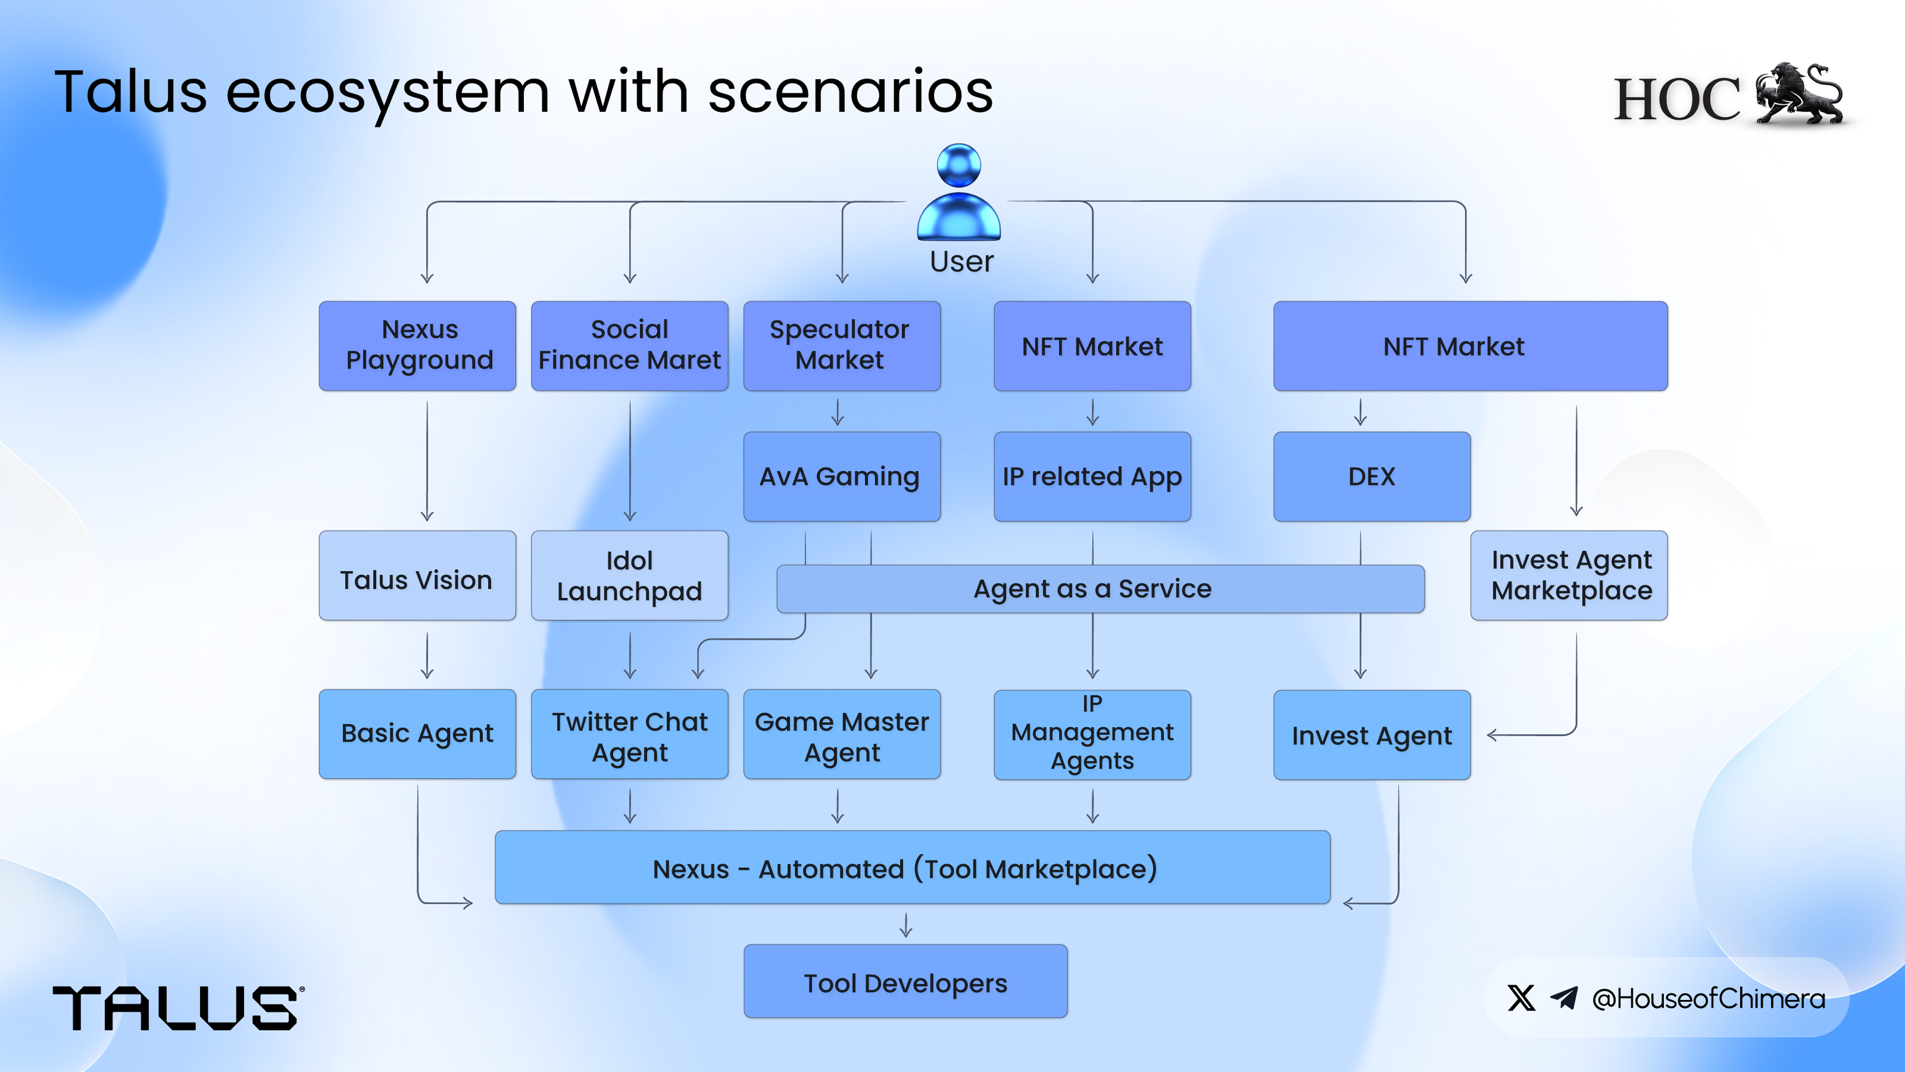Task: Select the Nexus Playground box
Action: [x=417, y=345]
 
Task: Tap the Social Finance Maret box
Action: [x=629, y=345]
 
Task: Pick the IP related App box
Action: [x=1092, y=476]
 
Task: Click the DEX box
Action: [x=1372, y=476]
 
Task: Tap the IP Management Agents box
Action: [x=1092, y=734]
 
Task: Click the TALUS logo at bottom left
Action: [x=176, y=1008]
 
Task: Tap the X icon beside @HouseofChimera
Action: [x=1521, y=998]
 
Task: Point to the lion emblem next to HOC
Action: [x=1799, y=95]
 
